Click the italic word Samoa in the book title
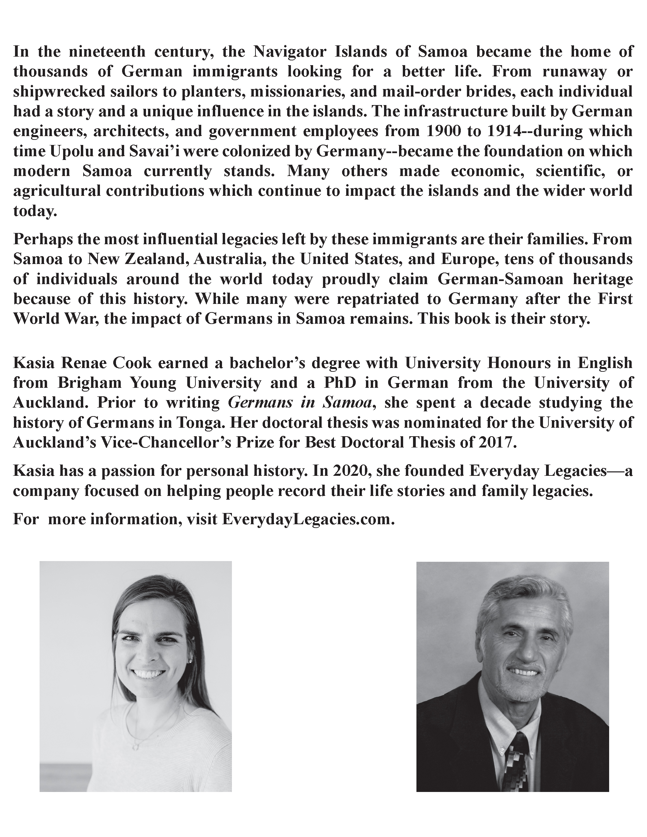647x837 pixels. [347, 403]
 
